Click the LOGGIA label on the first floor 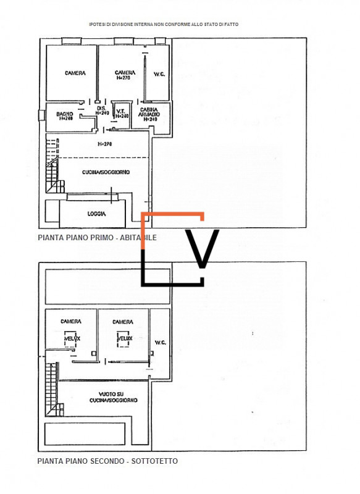[96, 213]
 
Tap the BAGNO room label [65, 114]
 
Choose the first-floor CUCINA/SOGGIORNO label [106, 172]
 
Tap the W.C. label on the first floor [158, 74]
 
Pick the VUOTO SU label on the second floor [113, 393]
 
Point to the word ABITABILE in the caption [133, 237]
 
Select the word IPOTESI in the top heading [97, 24]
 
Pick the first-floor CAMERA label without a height [75, 73]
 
